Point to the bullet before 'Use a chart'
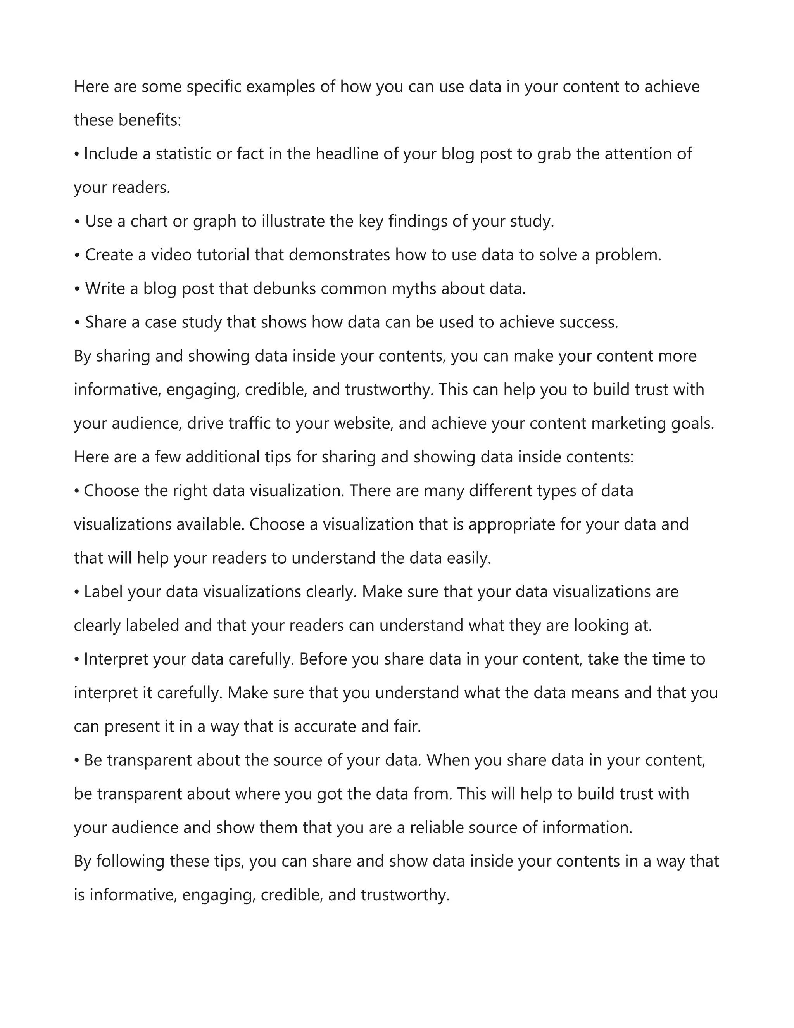[x=78, y=222]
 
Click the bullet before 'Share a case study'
[x=78, y=323]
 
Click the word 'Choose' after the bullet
[x=112, y=491]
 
